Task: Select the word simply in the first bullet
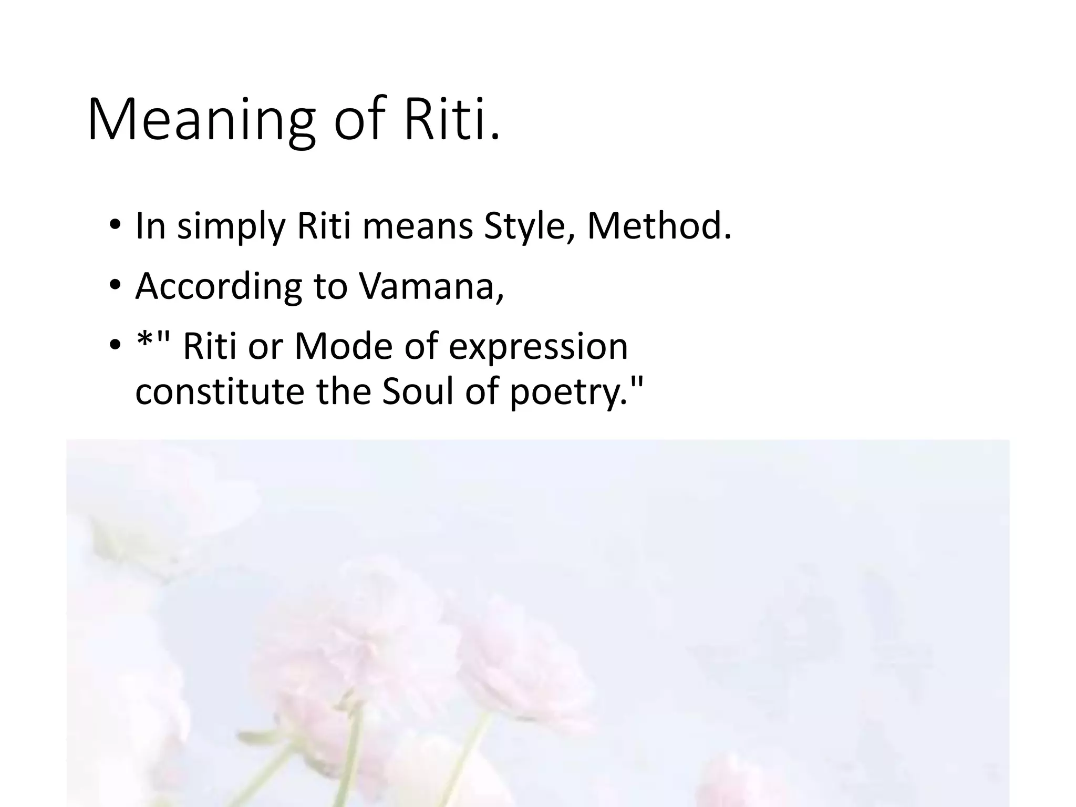pyautogui.click(x=231, y=226)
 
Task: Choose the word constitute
pyautogui.click(x=220, y=391)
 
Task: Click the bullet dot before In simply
pyautogui.click(x=115, y=226)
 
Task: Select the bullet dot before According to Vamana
pyautogui.click(x=115, y=286)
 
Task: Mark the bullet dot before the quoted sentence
pyautogui.click(x=115, y=347)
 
